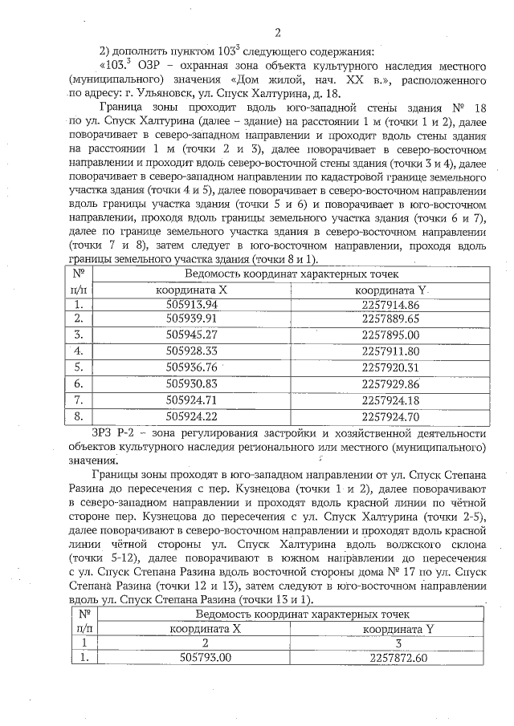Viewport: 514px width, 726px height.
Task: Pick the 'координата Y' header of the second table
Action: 398,628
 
